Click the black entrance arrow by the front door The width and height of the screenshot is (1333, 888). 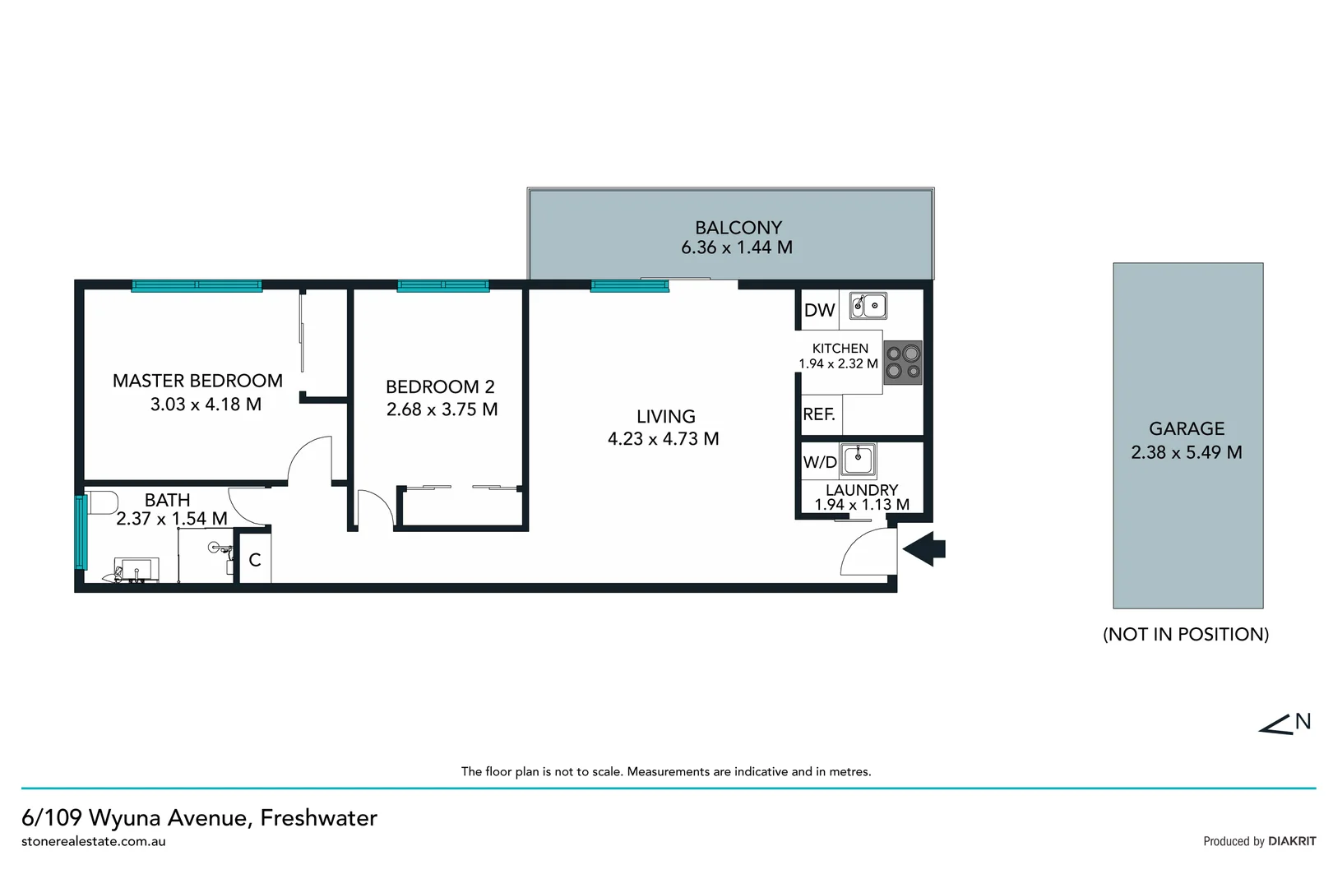(925, 548)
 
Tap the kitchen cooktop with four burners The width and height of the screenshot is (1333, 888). (902, 363)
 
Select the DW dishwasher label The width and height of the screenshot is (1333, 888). (819, 310)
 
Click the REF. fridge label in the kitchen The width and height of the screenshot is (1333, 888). (819, 414)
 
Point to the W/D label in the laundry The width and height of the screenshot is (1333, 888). (819, 462)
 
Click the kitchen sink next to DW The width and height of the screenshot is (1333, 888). (868, 305)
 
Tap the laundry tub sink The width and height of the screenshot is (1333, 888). (859, 459)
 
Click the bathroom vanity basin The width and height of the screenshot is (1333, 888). (136, 569)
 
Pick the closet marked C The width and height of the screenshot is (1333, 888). (255, 560)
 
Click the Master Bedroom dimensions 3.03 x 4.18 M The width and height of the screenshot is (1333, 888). (206, 405)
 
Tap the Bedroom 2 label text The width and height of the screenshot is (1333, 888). (440, 386)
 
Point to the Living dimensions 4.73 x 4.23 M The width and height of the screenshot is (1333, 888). (663, 439)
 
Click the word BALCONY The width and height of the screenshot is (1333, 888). (738, 228)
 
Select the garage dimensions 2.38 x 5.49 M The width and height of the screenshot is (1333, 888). (1186, 452)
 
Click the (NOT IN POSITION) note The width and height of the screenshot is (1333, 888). (1185, 634)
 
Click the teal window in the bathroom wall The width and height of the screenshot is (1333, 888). (81, 532)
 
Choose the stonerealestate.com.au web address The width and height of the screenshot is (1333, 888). (94, 841)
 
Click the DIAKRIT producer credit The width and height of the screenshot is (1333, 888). (1292, 841)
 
